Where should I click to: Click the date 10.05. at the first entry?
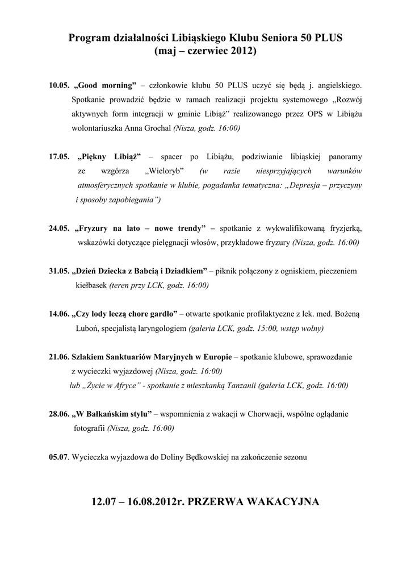point(59,86)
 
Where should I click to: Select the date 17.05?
point(59,156)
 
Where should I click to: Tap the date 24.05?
point(59,228)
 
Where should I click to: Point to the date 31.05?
point(59,272)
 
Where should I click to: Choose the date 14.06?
point(59,314)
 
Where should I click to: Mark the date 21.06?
point(59,357)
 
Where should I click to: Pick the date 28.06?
point(59,414)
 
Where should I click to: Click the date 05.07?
point(58,457)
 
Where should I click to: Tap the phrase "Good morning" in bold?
point(106,86)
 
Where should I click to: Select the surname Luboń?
point(87,329)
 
